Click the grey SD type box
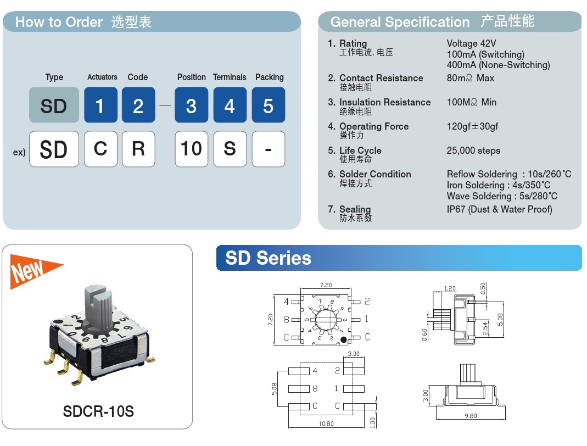point(53,105)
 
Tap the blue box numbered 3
point(191,105)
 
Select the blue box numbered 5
point(268,105)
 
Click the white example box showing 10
point(191,149)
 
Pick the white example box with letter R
point(138,149)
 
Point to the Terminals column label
point(230,77)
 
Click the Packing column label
point(269,77)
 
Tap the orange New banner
point(33,271)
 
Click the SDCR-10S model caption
point(98,411)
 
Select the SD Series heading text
point(268,258)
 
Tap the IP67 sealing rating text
point(499,209)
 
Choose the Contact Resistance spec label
point(381,78)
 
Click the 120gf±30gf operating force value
point(472,126)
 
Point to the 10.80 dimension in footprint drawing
point(326,423)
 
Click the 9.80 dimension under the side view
point(470,416)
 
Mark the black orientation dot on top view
point(344,341)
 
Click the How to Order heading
point(59,22)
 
